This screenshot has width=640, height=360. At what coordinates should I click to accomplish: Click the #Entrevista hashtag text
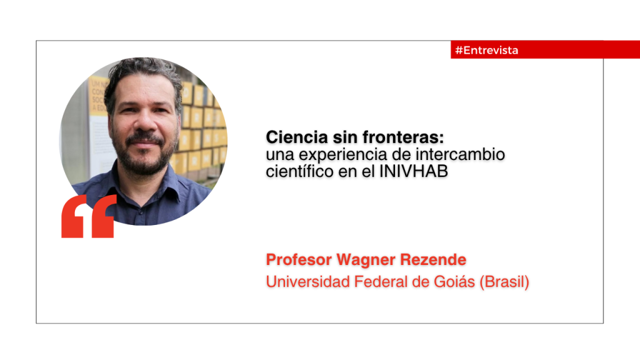[486, 50]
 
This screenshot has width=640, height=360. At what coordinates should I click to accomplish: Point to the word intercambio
[460, 154]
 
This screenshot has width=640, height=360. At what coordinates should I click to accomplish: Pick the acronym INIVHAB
[414, 171]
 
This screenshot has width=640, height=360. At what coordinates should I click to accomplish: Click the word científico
[299, 171]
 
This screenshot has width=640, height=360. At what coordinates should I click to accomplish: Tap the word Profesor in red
[299, 259]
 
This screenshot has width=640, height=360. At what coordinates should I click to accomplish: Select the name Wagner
[366, 260]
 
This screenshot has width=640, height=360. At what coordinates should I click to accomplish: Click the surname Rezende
[433, 259]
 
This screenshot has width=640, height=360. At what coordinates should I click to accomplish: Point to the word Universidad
[308, 282]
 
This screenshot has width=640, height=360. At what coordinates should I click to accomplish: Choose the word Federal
[381, 282]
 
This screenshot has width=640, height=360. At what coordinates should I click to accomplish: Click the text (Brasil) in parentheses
[504, 282]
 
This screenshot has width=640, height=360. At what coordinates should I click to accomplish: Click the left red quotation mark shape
[74, 216]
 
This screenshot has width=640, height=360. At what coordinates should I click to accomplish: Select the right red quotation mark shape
[104, 216]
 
